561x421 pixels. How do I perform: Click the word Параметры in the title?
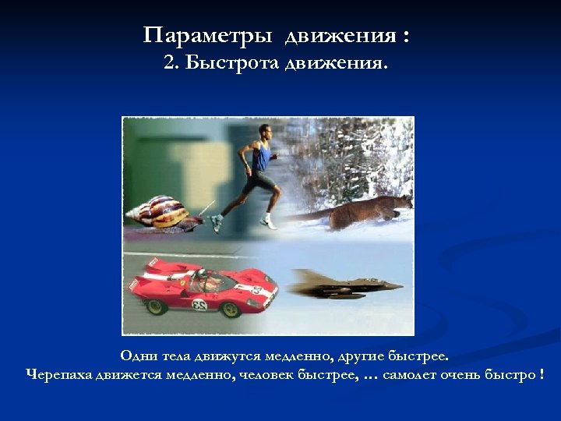(210, 37)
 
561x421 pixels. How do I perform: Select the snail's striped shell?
(160, 210)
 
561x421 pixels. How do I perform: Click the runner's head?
(266, 133)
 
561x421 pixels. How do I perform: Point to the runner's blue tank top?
(260, 159)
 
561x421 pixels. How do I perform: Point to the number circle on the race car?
(200, 304)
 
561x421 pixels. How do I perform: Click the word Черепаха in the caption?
(59, 375)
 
